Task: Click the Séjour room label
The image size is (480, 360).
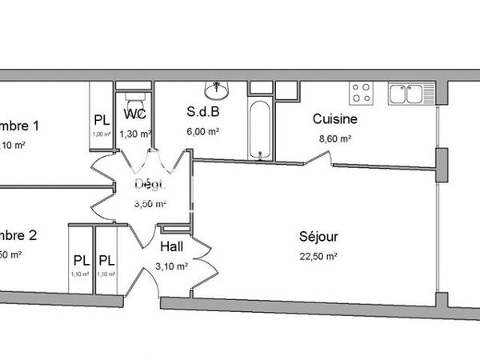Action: (318, 237)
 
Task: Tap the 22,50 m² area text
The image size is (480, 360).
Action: (318, 256)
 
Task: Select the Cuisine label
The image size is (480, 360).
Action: (334, 119)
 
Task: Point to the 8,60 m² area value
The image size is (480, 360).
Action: (334, 138)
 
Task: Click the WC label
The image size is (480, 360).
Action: (134, 113)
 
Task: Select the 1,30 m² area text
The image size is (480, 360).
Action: (135, 134)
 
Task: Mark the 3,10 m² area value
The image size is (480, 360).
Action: (172, 266)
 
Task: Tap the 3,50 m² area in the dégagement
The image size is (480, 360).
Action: (150, 203)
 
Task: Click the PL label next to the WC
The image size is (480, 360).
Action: (102, 120)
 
